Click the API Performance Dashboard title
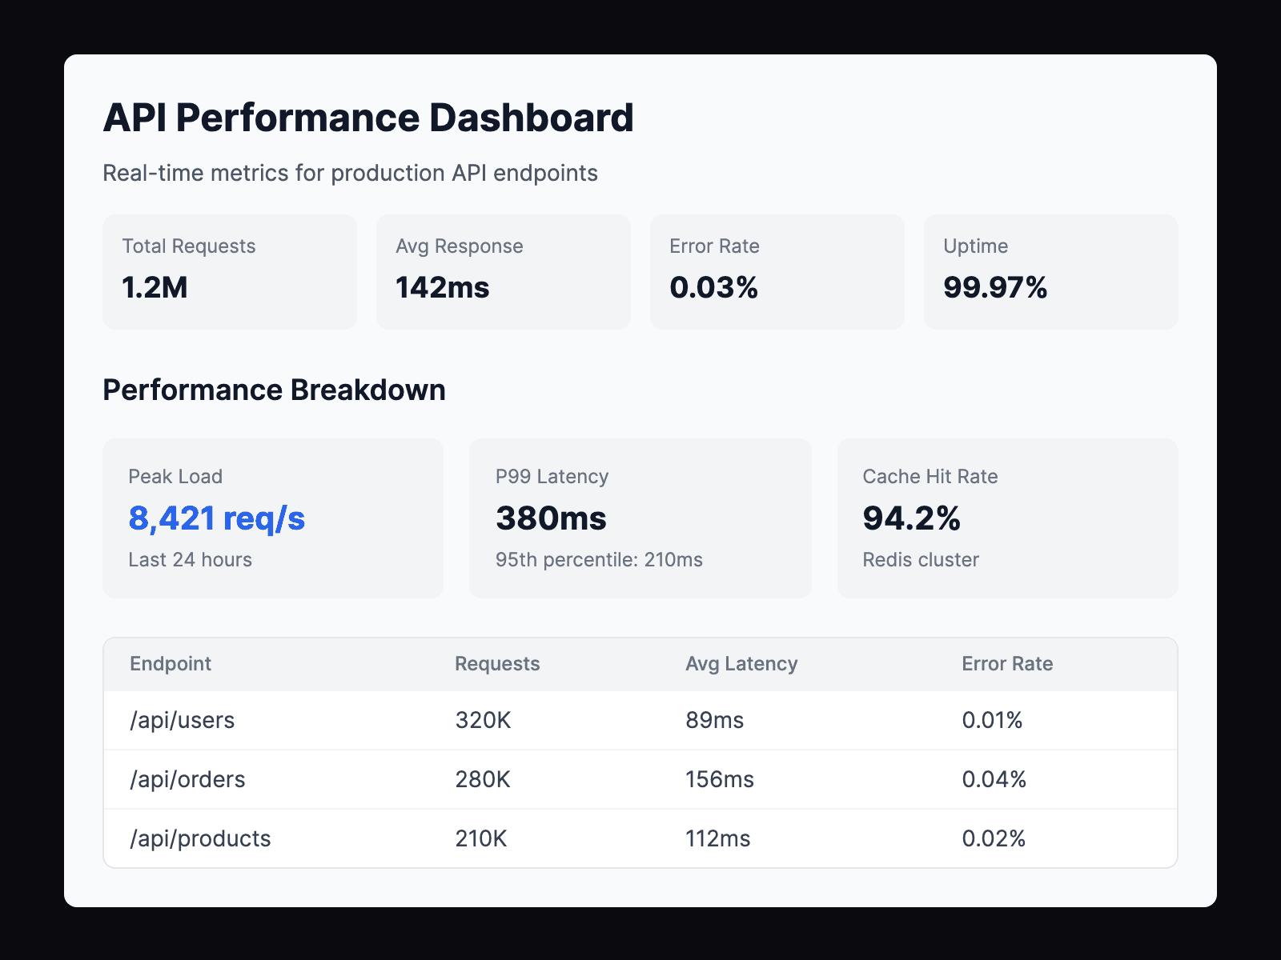368,118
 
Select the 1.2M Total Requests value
155,287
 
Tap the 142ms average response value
442,287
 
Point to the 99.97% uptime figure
994,287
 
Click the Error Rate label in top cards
714,246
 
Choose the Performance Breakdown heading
274,390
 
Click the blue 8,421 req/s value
216,518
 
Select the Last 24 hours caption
190,560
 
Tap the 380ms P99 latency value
551,518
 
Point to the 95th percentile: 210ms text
599,560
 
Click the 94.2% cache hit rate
911,518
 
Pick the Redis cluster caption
921,560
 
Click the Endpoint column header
171,664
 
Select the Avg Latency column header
741,664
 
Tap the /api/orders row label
187,779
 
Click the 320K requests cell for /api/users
483,720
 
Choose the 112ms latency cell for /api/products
717,838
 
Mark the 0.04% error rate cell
994,779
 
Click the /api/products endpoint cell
200,838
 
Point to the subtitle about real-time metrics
350,174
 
